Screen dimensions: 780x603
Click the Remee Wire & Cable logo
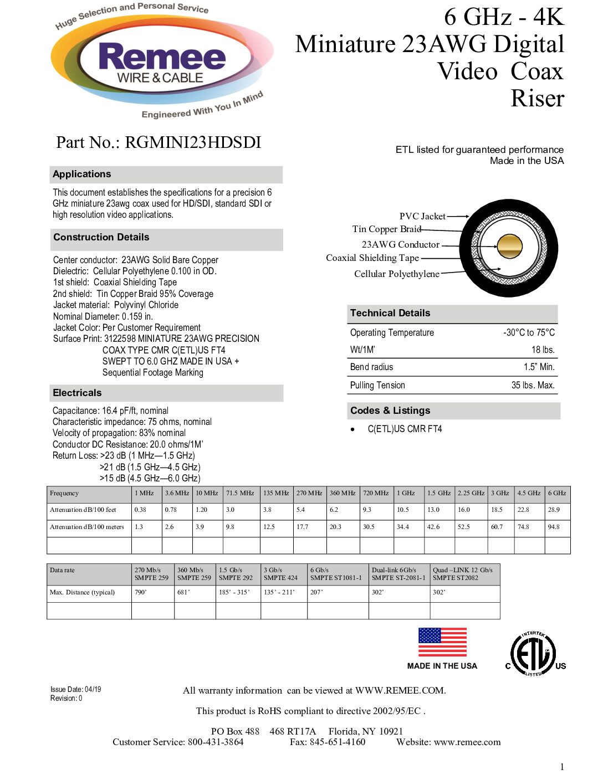161,63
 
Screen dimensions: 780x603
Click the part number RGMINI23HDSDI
159,142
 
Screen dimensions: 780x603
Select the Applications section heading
82,174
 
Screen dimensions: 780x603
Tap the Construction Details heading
101,237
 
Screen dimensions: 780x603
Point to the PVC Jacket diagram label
422,216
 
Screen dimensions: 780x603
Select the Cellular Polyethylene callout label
396,274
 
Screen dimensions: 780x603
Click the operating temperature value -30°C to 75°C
529,332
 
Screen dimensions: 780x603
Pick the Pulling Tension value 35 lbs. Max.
533,385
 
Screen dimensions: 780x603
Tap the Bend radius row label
371,367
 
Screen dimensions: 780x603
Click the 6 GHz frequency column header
557,493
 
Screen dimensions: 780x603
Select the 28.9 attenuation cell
554,510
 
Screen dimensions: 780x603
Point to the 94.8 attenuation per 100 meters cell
554,527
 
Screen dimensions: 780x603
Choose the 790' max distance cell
140,592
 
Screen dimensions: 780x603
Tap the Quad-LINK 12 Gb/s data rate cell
463,573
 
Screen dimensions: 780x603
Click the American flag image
442,642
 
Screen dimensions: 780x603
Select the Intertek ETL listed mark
533,654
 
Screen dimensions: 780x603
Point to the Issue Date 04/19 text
76,689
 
